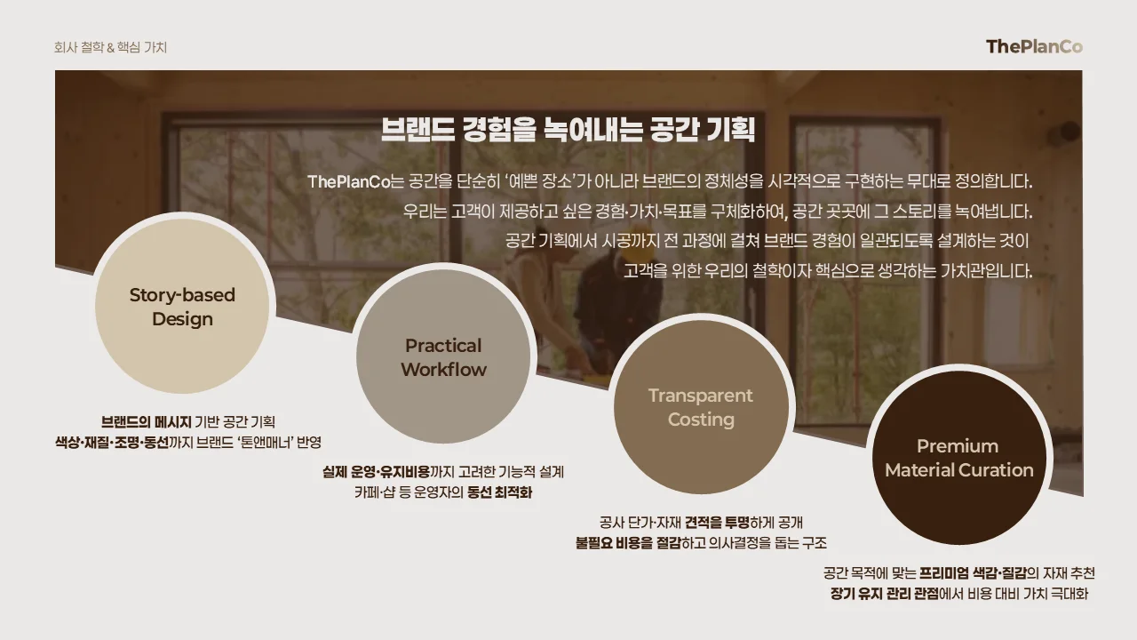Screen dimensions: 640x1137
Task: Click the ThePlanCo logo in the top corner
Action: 1034,47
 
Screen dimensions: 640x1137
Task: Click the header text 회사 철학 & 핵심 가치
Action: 110,47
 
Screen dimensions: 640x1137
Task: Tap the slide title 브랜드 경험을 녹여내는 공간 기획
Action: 568,130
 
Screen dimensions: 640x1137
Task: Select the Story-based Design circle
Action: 182,307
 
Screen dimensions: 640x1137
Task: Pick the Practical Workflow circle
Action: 443,357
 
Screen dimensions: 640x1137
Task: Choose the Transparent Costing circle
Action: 700,407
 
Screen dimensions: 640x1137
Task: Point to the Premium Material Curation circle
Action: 958,458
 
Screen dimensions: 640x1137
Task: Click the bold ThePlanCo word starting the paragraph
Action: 349,182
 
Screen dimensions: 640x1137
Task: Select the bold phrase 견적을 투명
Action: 717,522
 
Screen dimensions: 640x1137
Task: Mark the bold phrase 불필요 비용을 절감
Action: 627,542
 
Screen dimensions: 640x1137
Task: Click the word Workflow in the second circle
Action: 443,370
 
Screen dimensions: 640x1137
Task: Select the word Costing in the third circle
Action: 701,420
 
